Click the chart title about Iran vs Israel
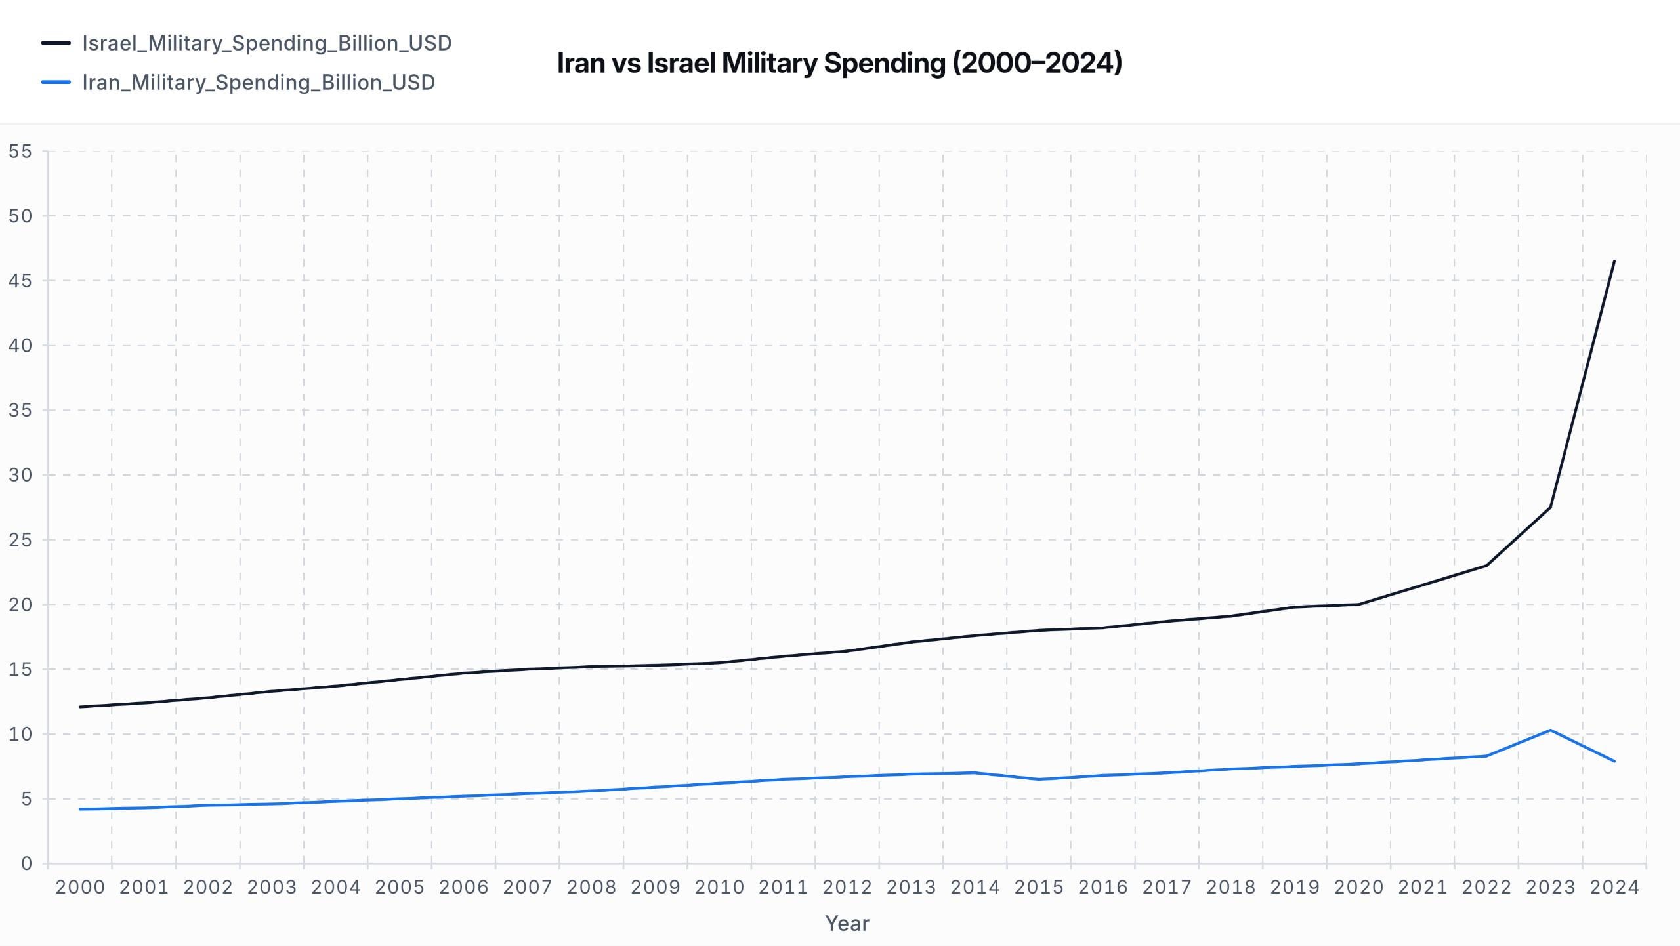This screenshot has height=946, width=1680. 839,63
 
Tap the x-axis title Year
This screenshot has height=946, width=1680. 847,923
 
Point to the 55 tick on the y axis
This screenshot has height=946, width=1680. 20,152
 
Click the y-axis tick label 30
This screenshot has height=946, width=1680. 20,475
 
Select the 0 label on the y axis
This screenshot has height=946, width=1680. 26,863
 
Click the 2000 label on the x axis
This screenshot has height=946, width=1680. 80,887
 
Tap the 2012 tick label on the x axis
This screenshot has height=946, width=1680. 847,887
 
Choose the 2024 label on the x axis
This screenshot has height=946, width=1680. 1614,887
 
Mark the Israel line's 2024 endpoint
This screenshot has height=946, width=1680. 1614,261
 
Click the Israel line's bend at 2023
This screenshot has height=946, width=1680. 1550,507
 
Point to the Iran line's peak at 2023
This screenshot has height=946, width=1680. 1550,730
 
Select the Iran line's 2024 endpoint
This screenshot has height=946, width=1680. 1614,761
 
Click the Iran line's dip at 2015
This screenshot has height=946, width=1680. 1039,779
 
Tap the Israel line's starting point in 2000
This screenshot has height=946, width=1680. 79,707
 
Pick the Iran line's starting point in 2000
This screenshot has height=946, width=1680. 79,809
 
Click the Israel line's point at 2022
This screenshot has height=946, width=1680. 1486,566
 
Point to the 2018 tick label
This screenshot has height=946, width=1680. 1230,887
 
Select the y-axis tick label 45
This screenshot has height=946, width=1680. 20,281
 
